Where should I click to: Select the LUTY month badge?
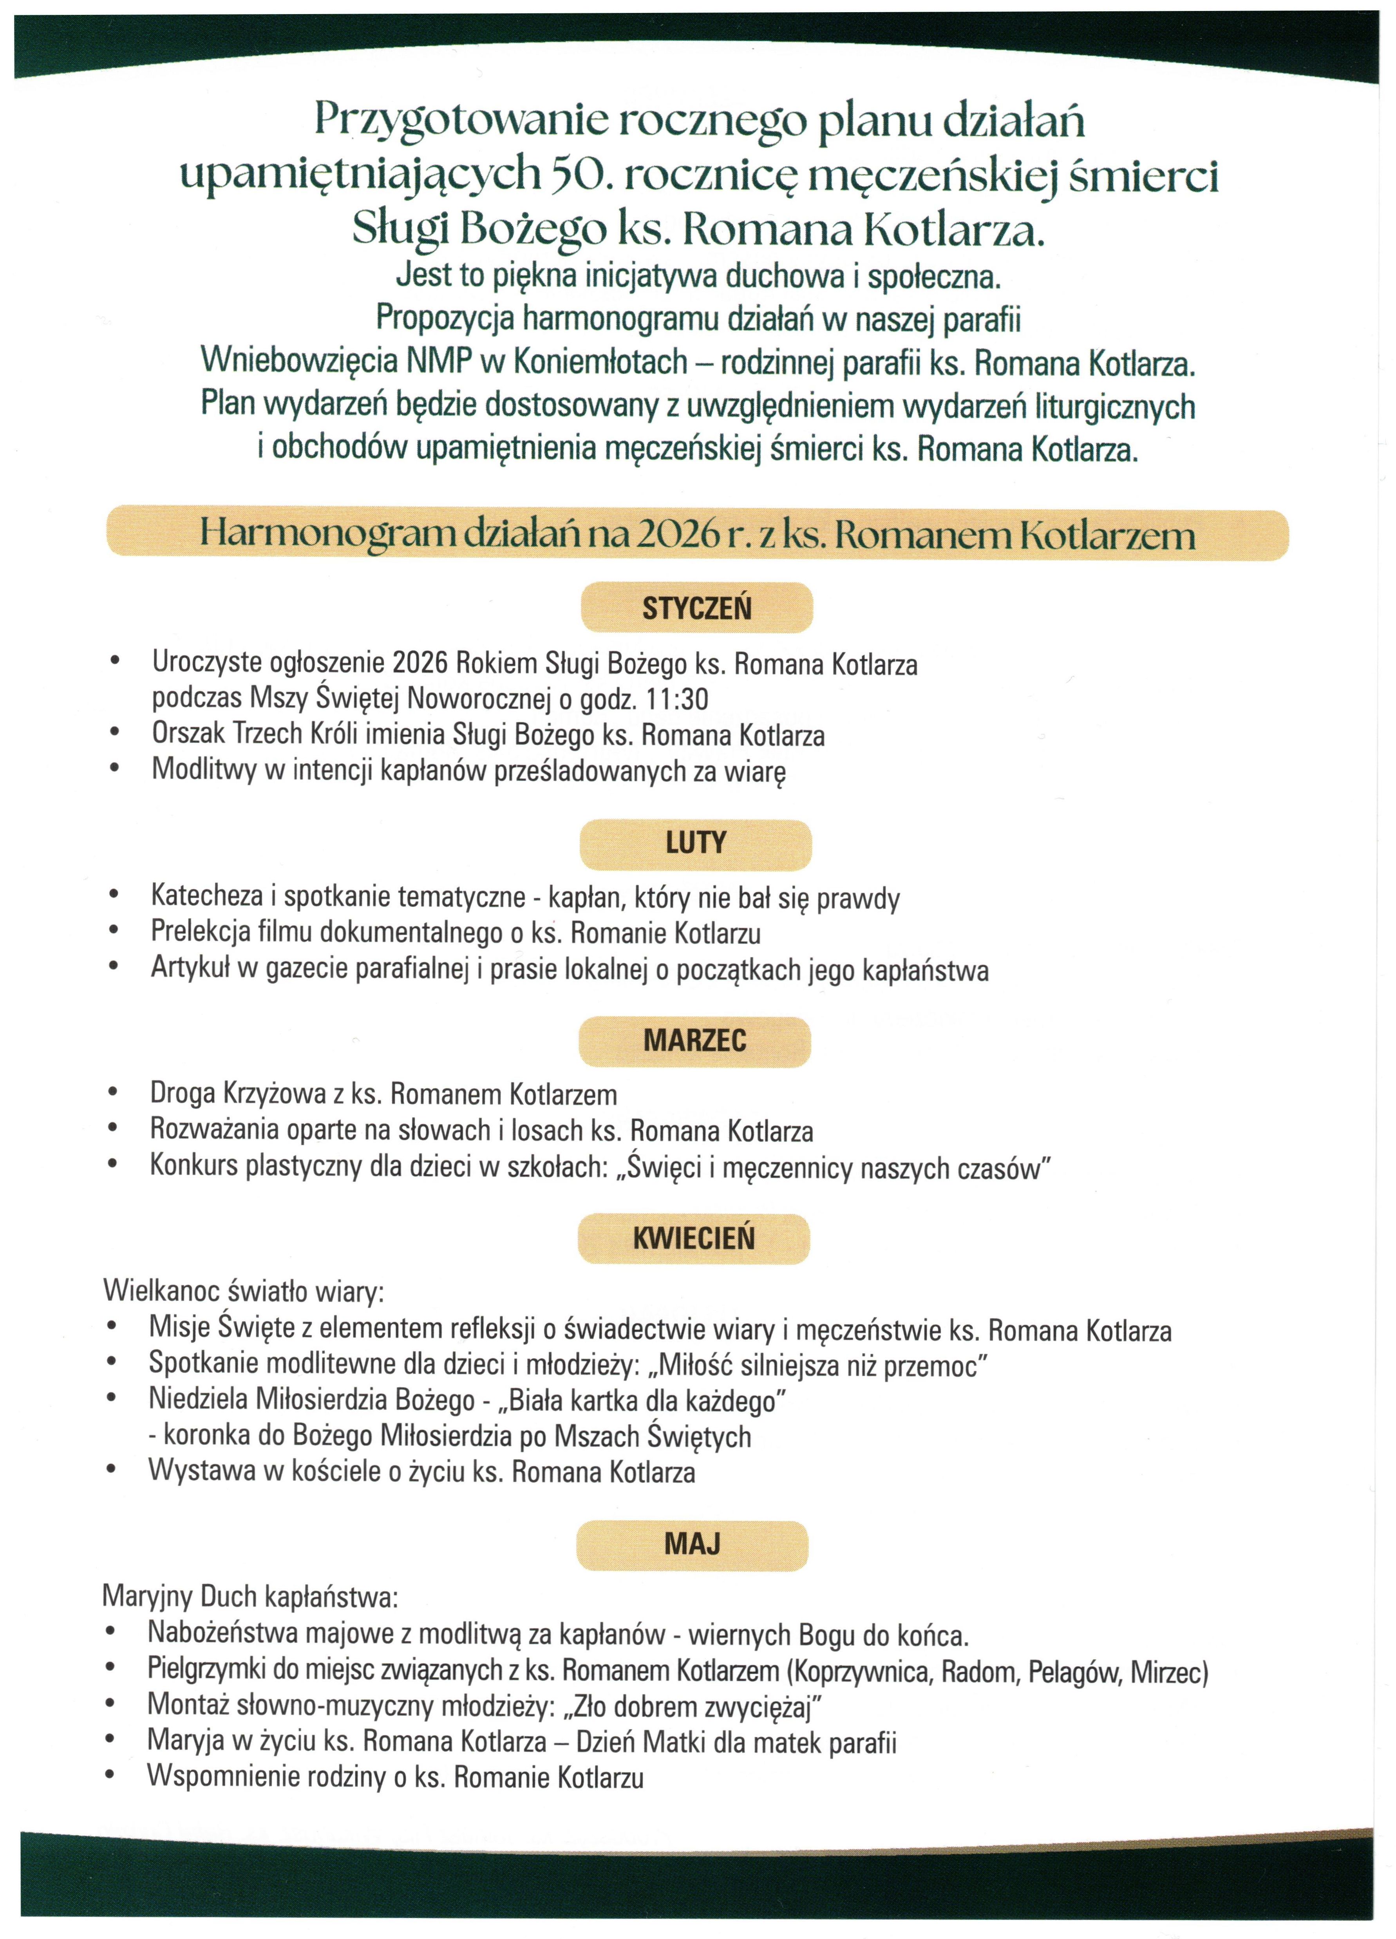click(x=696, y=844)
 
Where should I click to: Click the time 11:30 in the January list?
click(x=677, y=699)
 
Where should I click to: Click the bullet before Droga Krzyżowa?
click(x=113, y=1092)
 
